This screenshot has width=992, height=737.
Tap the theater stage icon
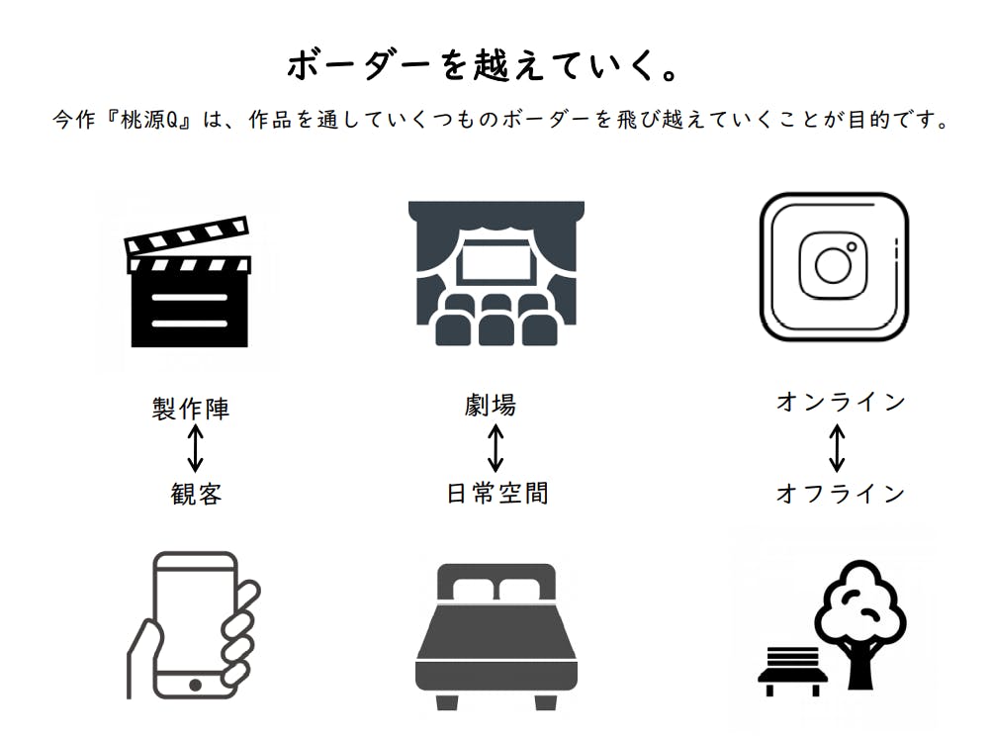pos(496,273)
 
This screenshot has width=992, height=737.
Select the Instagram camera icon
pos(834,266)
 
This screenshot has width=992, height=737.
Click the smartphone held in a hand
pos(194,625)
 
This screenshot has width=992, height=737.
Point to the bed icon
pos(496,636)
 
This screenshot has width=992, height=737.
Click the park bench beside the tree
pos(793,671)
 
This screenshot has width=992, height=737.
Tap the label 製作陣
pos(191,408)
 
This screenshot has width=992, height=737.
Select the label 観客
pos(196,494)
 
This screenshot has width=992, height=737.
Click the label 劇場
pos(491,405)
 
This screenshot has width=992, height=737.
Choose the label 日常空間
pos(497,494)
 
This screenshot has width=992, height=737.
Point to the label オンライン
pos(841,402)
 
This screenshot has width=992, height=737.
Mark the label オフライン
pos(841,494)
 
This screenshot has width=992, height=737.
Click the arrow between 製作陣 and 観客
pos(196,448)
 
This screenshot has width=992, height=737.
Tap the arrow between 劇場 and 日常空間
pos(496,448)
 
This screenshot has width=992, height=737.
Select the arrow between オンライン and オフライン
pos(837,448)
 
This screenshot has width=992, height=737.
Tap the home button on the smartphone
pos(195,686)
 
